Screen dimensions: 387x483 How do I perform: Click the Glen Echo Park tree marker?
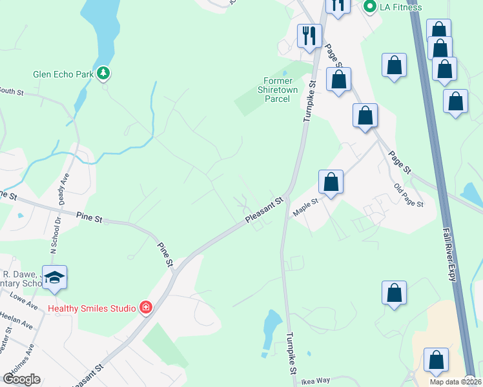pos(103,74)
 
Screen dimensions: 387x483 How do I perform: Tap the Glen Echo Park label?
pos(63,74)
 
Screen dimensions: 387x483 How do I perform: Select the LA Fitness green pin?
pos(370,7)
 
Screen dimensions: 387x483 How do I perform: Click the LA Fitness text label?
pos(400,8)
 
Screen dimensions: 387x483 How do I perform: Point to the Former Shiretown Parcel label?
pos(278,90)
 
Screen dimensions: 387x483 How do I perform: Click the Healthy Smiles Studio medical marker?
pos(147,308)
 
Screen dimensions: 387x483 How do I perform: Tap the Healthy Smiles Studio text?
pos(92,308)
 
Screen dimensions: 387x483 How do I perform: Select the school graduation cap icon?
pos(55,277)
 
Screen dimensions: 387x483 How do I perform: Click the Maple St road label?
pos(306,208)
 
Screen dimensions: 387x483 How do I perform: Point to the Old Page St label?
pos(409,195)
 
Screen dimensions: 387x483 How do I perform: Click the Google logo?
pos(21,379)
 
